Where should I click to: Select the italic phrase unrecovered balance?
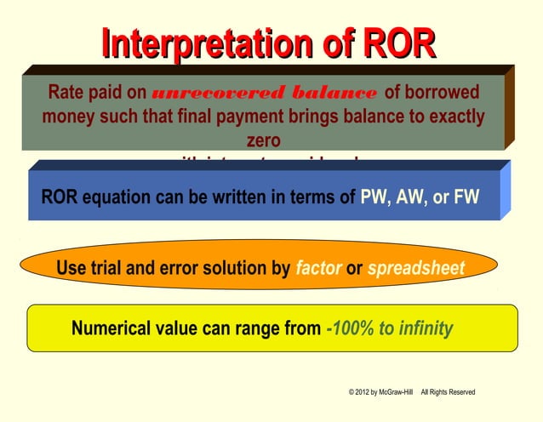click(x=264, y=93)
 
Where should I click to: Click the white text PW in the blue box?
click(x=374, y=197)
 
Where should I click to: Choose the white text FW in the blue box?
click(x=466, y=197)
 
